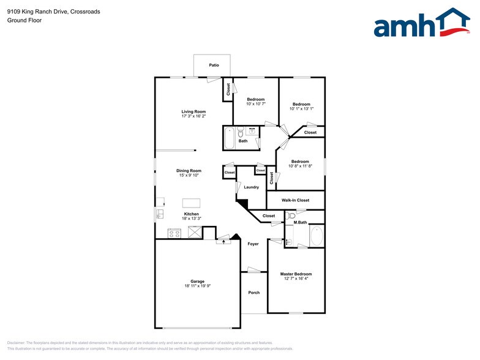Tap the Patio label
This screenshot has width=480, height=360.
click(214, 65)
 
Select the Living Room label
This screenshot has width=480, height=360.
click(193, 111)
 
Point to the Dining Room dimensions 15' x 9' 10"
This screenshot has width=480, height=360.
click(189, 176)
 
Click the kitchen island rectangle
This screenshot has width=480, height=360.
click(191, 203)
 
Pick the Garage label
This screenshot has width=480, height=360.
click(197, 281)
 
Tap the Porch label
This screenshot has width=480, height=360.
click(253, 293)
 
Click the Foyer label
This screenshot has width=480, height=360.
click(253, 244)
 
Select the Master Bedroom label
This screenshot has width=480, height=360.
click(296, 274)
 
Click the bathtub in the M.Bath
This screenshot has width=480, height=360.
click(317, 236)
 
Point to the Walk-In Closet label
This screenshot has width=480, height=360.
click(295, 200)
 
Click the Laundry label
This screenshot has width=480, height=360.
click(251, 187)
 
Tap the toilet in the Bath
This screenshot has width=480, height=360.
click(241, 132)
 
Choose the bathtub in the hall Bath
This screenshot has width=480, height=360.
click(230, 138)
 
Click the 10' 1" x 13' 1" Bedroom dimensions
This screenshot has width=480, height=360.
click(301, 109)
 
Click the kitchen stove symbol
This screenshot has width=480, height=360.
click(174, 233)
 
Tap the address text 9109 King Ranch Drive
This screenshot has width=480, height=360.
click(37, 12)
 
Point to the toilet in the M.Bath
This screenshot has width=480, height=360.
click(291, 216)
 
